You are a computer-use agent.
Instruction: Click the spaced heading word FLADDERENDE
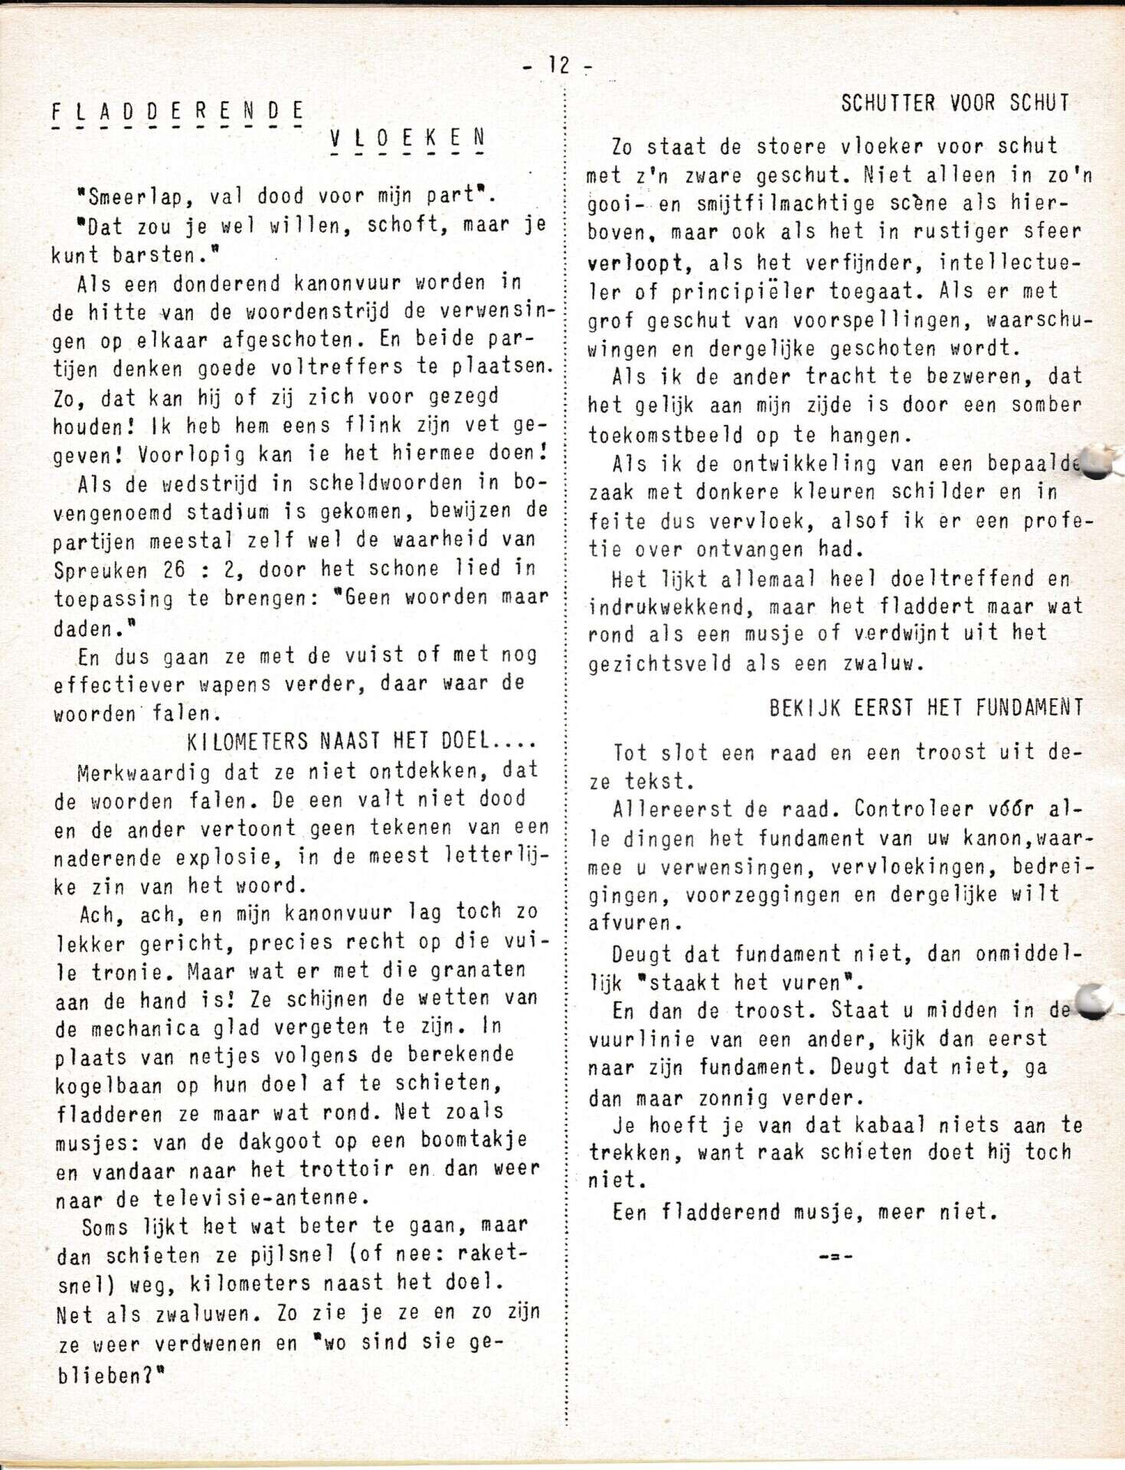click(178, 112)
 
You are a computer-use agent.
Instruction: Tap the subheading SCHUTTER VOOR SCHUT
click(954, 103)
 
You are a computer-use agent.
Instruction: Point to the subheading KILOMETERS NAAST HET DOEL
click(361, 741)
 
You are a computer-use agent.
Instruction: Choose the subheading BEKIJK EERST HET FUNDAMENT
click(926, 707)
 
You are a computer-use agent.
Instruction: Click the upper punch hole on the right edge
click(1097, 462)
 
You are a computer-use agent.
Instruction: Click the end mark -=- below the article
click(836, 1256)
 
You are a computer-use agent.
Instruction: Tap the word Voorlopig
click(191, 455)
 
